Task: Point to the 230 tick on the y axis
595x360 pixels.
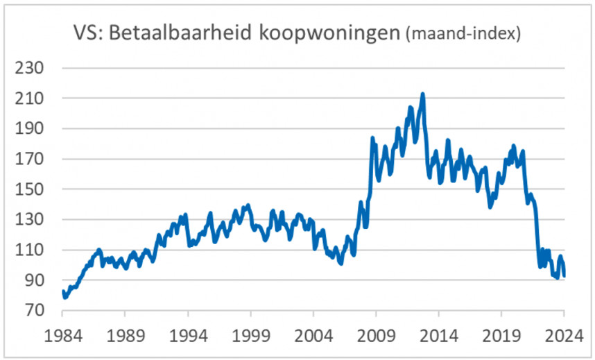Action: (x=31, y=69)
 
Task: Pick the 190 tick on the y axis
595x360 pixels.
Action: (x=31, y=129)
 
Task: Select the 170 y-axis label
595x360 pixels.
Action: (x=31, y=160)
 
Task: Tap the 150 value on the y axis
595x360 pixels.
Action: (x=31, y=189)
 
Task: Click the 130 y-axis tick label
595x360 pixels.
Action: (x=31, y=220)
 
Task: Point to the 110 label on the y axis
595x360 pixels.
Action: (x=31, y=250)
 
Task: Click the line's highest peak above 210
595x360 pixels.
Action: (x=422, y=94)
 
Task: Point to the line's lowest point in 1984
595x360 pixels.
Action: (x=64, y=298)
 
